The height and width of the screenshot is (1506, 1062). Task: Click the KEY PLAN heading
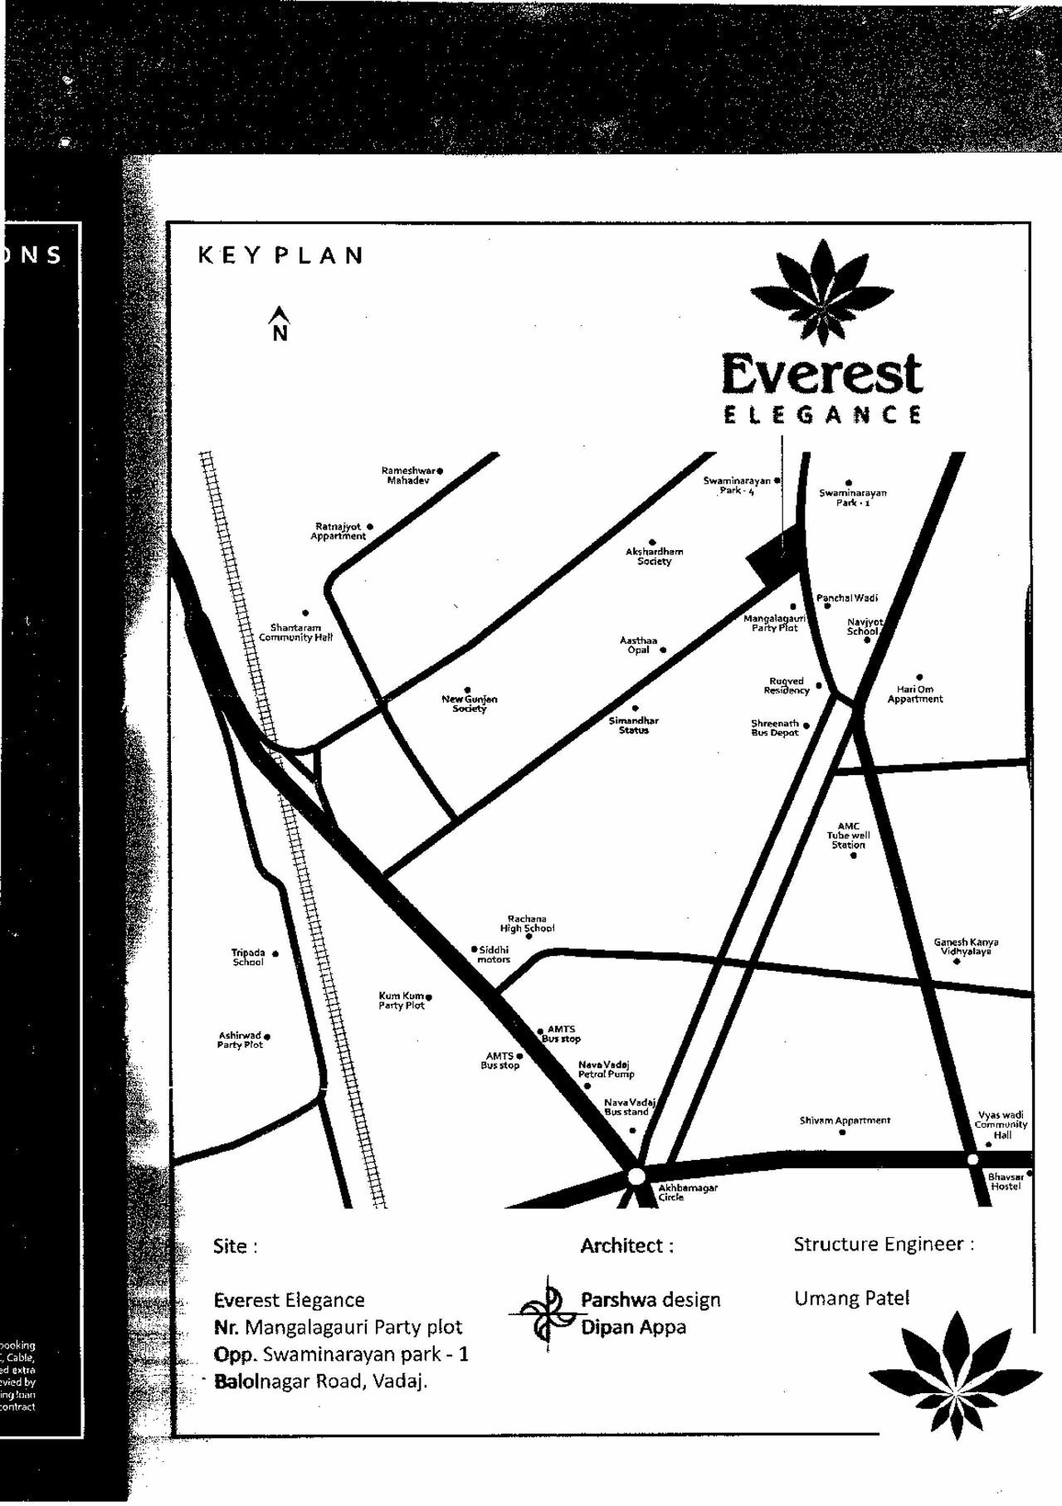[x=280, y=255]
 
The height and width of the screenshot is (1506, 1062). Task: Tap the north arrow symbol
[x=280, y=324]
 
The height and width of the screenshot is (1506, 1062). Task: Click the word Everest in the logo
[x=821, y=375]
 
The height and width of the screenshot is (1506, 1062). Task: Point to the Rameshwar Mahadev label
[x=408, y=475]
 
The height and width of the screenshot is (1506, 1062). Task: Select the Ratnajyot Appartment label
[x=339, y=531]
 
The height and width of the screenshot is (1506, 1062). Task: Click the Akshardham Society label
[x=654, y=556]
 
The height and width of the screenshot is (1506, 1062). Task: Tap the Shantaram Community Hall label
[x=295, y=632]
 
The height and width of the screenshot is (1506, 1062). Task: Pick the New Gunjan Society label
[x=469, y=704]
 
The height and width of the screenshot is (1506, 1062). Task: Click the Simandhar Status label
[x=633, y=725]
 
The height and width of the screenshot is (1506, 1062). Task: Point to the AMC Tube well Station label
[x=848, y=836]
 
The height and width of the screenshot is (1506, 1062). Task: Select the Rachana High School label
[x=527, y=924]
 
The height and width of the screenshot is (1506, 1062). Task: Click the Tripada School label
[x=248, y=958]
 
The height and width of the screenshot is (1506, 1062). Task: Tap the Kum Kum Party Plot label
[x=402, y=1001]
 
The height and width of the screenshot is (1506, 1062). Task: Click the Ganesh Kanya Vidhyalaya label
[x=966, y=947]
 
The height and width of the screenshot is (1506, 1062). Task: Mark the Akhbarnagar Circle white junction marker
[x=636, y=1177]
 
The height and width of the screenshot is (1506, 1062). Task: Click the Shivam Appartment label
[x=845, y=1120]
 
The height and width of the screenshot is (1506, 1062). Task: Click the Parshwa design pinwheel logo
[x=547, y=1313]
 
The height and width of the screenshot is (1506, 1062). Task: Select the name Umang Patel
[x=851, y=1299]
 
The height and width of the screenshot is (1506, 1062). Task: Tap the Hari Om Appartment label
[x=914, y=694]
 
